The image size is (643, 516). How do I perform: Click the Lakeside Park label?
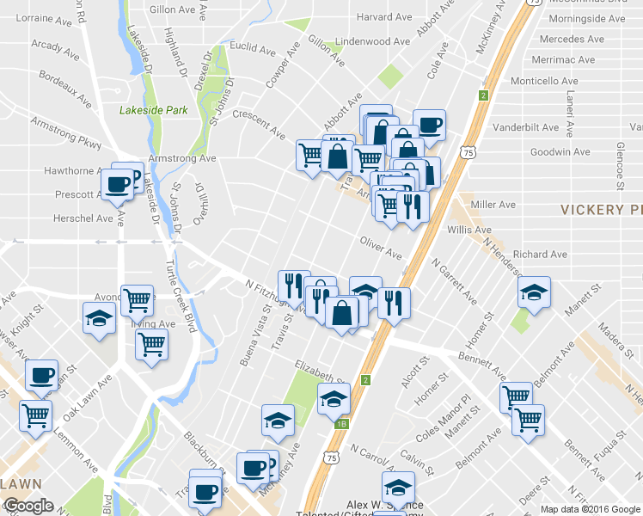click(x=153, y=110)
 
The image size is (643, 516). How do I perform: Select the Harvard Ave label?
click(x=384, y=16)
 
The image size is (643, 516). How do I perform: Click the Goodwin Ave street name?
click(x=560, y=151)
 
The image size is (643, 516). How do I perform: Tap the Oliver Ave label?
click(x=381, y=249)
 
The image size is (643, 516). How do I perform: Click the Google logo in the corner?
click(x=28, y=506)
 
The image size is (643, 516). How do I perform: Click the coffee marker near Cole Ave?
click(x=429, y=125)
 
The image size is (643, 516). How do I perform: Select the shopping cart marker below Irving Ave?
click(x=151, y=343)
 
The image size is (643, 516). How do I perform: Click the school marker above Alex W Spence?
click(x=398, y=486)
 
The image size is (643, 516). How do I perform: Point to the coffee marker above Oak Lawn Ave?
click(x=41, y=374)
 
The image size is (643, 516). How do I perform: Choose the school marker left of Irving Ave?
click(x=99, y=316)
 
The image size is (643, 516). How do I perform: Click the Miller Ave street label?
click(x=493, y=205)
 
